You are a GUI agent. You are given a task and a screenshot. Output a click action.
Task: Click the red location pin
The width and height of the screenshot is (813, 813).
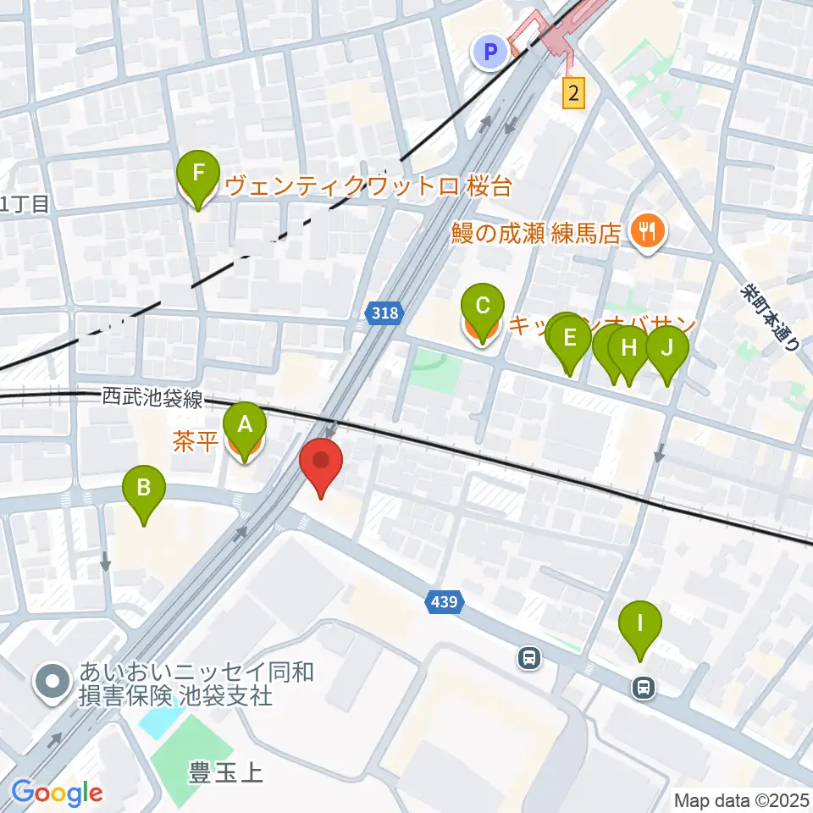click(x=321, y=464)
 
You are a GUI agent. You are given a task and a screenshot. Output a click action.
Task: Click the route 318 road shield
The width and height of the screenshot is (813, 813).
click(x=384, y=314)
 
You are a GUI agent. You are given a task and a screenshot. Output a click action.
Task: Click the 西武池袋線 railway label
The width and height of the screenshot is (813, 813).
click(x=152, y=398)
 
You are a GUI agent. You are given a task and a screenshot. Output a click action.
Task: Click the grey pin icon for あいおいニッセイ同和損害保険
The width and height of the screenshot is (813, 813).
click(x=53, y=683)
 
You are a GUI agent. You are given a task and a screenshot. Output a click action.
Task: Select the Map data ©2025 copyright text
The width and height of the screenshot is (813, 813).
click(x=742, y=799)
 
